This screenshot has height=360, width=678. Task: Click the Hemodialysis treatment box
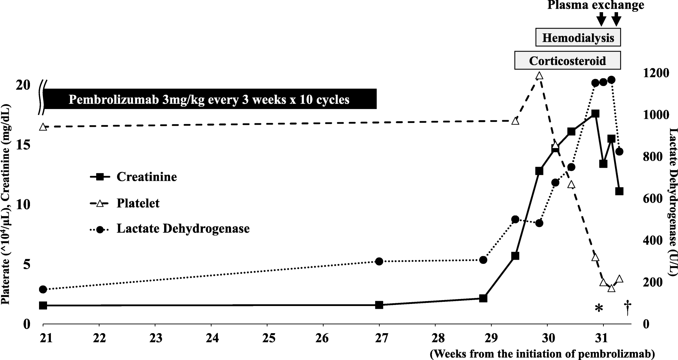point(578,38)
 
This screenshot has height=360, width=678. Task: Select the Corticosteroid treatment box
point(567,61)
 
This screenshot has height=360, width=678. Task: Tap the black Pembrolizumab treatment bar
point(209,99)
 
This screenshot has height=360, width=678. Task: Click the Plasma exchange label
point(595,6)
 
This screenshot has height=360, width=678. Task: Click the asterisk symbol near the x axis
point(599,308)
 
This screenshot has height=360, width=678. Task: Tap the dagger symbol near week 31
point(627,308)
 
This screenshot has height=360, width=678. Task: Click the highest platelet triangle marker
point(539,76)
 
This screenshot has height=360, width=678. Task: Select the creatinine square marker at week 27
point(379,305)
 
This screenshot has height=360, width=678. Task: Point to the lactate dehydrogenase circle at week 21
point(43,289)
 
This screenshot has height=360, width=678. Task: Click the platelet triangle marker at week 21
point(43,127)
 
